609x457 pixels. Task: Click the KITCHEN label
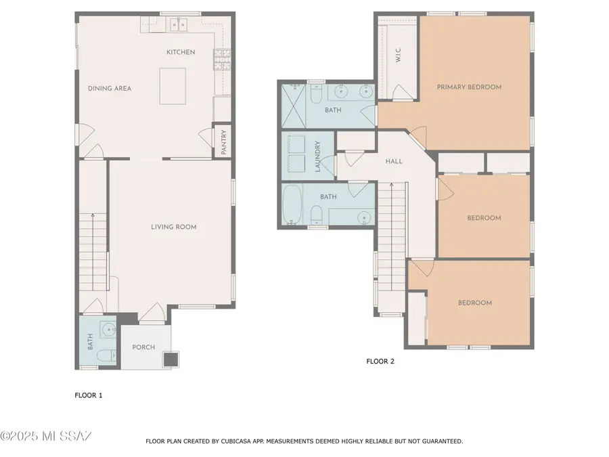tap(181, 52)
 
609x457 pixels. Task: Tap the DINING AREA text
tap(109, 88)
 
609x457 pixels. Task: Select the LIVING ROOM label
tap(173, 227)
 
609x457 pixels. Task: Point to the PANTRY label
tap(223, 142)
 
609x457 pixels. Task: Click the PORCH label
tap(143, 347)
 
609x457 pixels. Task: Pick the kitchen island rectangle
tap(173, 86)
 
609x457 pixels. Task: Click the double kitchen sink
tap(178, 24)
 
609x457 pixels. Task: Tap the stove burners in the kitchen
tap(221, 60)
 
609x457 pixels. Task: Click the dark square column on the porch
tap(171, 358)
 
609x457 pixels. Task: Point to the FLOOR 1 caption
tap(88, 395)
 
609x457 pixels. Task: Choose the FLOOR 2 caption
tap(380, 362)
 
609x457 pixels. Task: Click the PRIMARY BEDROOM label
tap(469, 87)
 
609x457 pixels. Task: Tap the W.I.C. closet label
tap(398, 55)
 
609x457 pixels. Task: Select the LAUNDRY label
tap(317, 156)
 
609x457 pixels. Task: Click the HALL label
tap(393, 161)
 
